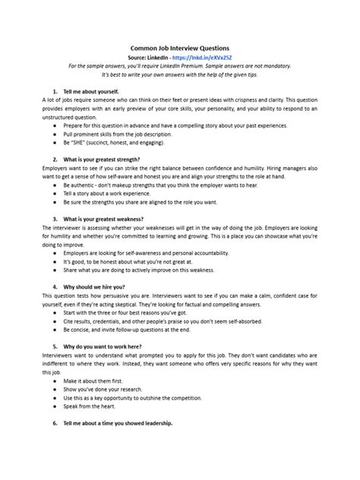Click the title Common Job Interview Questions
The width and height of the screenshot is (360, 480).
click(x=180, y=47)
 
